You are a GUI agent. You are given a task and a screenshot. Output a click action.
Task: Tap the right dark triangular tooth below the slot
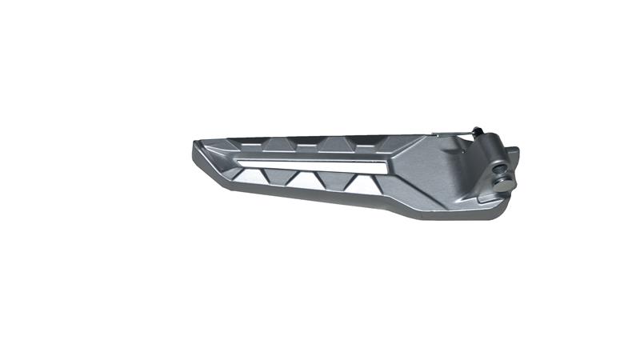[352, 180]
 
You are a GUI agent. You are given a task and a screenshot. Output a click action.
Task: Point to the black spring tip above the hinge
[477, 130]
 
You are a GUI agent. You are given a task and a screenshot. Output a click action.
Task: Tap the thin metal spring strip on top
[452, 134]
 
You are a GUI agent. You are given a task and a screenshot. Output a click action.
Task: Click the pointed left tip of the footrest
[194, 146]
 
